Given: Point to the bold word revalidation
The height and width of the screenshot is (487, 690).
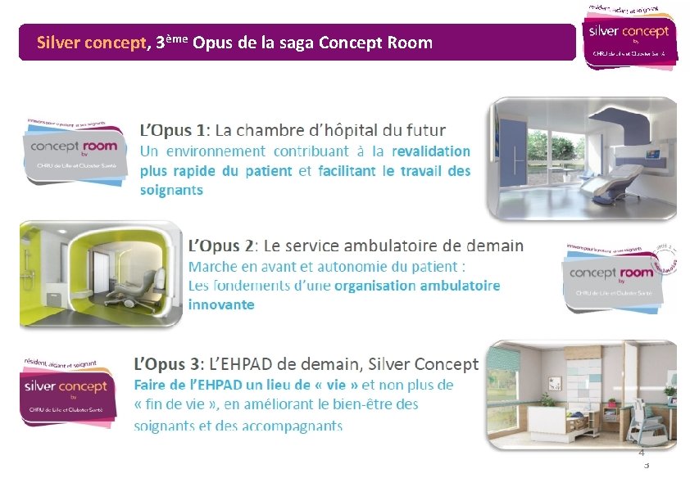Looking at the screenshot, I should pyautogui.click(x=431, y=151).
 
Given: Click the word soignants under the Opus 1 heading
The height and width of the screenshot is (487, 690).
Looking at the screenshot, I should pyautogui.click(x=171, y=190).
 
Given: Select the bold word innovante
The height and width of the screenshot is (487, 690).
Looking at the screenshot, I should pyautogui.click(x=221, y=304).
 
